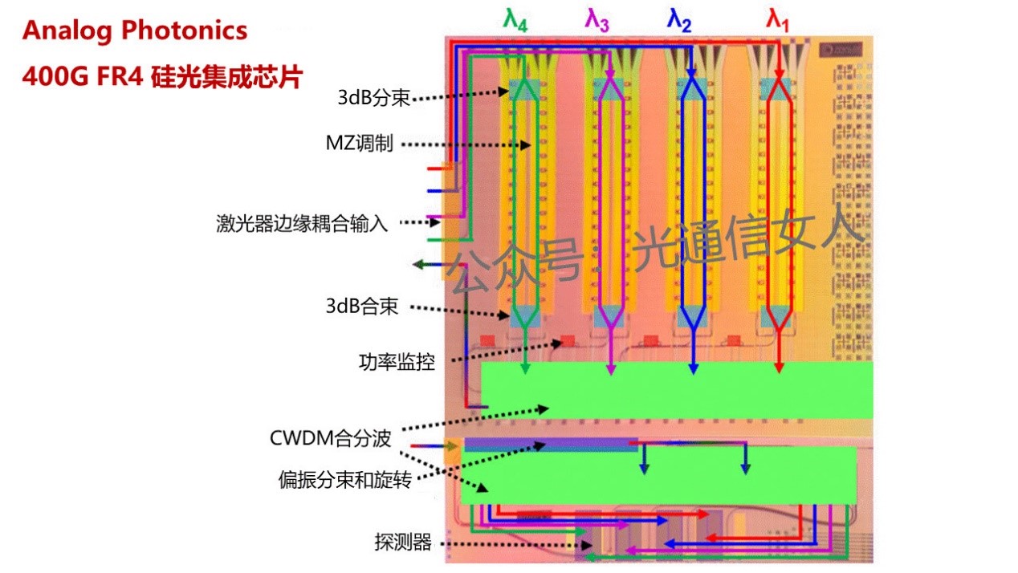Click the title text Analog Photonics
[x=135, y=31]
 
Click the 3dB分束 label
[x=374, y=98]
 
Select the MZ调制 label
[x=359, y=144]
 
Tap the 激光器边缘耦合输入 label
[x=302, y=223]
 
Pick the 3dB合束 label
[x=362, y=307]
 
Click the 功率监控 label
[x=397, y=363]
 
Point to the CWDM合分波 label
[x=331, y=438]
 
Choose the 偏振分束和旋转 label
[x=345, y=480]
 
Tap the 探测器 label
[x=403, y=543]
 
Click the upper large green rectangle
[x=676, y=390]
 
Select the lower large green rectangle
[x=670, y=475]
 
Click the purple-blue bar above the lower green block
[x=551, y=444]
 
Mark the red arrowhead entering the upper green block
[x=778, y=368]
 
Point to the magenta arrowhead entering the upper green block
[x=610, y=368]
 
